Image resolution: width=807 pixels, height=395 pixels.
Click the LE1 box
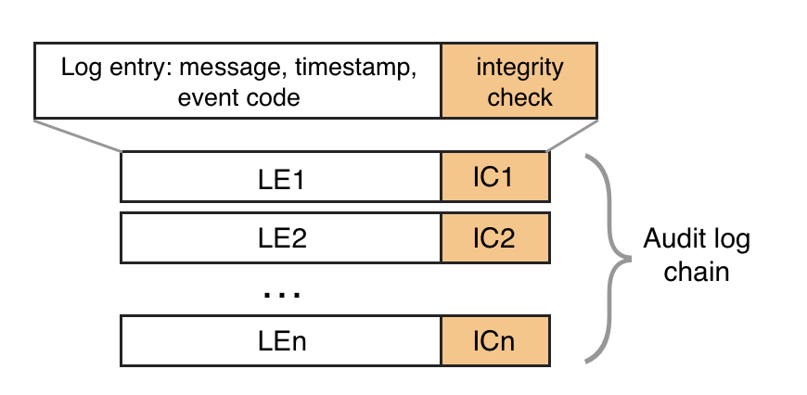(281, 177)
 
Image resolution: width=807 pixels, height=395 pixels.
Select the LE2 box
(281, 237)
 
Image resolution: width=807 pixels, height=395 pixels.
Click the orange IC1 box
(495, 177)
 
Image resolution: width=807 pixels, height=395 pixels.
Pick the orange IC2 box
(495, 237)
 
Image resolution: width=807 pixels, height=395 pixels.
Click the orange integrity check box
(519, 81)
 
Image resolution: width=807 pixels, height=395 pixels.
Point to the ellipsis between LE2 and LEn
(281, 294)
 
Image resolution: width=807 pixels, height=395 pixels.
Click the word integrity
(519, 68)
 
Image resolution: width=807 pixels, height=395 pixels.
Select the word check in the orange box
(519, 96)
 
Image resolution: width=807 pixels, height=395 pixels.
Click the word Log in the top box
(77, 68)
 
